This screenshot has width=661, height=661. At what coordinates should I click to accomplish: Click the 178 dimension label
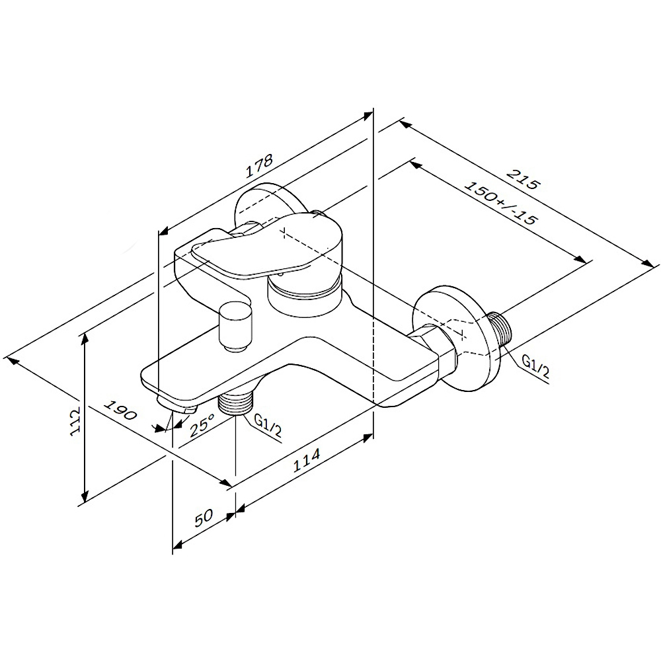[x=260, y=166]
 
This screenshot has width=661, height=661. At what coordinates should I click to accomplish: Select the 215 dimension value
[x=523, y=179]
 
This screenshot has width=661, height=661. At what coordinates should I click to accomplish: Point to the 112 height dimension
[x=75, y=421]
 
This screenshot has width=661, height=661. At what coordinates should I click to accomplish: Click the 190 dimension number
[x=120, y=410]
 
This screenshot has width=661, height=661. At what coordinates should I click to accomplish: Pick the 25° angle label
[x=202, y=424]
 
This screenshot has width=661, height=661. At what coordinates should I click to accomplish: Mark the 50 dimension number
[x=204, y=518]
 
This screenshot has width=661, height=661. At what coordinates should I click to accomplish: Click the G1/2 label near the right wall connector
[x=535, y=366]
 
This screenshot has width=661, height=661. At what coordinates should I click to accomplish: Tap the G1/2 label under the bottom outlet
[x=268, y=425]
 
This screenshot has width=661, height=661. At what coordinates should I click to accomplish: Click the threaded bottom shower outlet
[x=235, y=403]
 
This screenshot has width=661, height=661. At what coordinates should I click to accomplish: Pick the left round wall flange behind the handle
[x=270, y=203]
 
